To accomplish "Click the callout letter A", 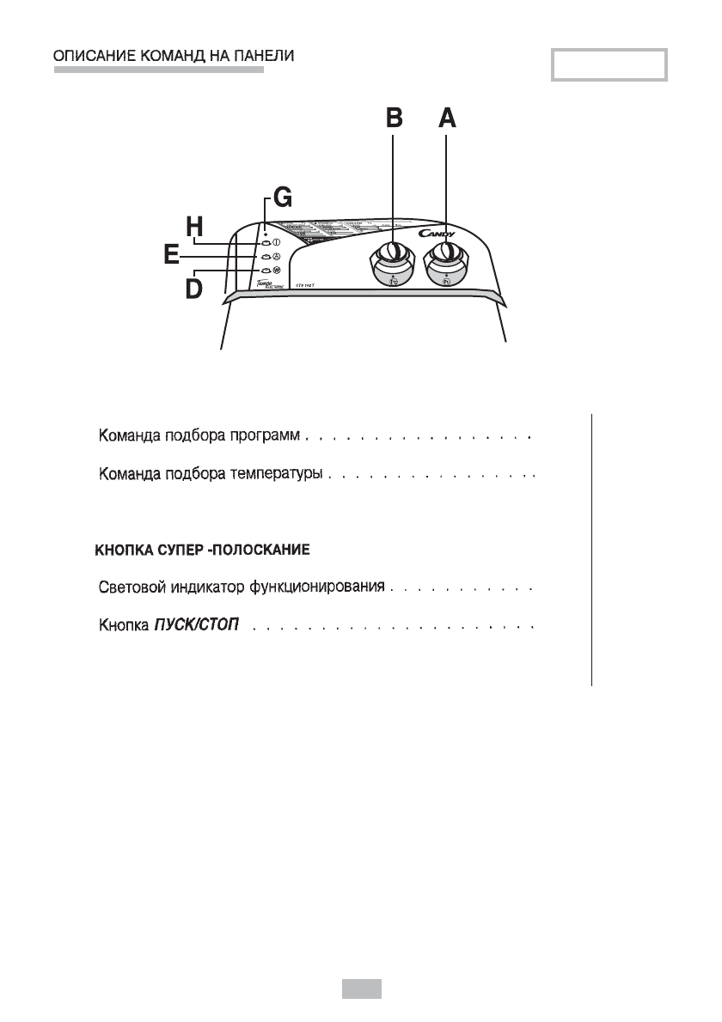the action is pos(446,118).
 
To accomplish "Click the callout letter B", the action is pos(393,118).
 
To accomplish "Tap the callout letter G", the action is pos(281,200).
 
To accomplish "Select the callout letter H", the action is pos(196,228).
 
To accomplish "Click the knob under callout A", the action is pos(446,253).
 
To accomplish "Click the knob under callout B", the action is pos(392,253).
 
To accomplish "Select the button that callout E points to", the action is pos(266,256).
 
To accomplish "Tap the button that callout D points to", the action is pos(266,271).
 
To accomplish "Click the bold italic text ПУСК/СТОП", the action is pos(196,624).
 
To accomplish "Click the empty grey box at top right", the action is pos(609,66).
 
